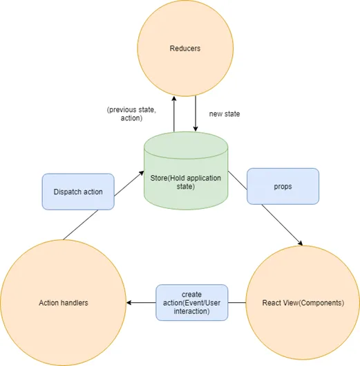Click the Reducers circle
point(185,48)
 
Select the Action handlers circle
point(64,303)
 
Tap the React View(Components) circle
point(303,303)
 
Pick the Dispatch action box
point(78,192)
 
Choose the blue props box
point(283,186)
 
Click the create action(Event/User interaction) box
point(191,302)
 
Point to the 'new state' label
point(225,114)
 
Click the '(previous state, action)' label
point(131,114)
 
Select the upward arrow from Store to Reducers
point(174,114)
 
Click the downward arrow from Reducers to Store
point(196,113)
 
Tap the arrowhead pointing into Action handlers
point(129,303)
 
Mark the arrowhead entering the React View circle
point(301,243)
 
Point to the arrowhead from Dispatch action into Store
point(141,173)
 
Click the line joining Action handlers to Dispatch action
point(81,225)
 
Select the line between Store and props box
point(238,180)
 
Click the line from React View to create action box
point(236,303)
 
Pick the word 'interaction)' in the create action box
point(191,311)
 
